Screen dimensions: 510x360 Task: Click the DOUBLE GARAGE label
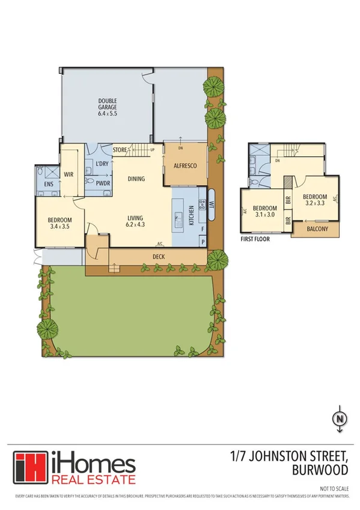pyautogui.click(x=108, y=106)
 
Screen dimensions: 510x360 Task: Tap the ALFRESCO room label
pyautogui.click(x=182, y=167)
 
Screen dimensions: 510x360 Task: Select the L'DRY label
pyautogui.click(x=101, y=164)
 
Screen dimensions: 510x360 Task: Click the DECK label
pyautogui.click(x=158, y=256)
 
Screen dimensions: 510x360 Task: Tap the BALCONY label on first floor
pyautogui.click(x=317, y=229)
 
